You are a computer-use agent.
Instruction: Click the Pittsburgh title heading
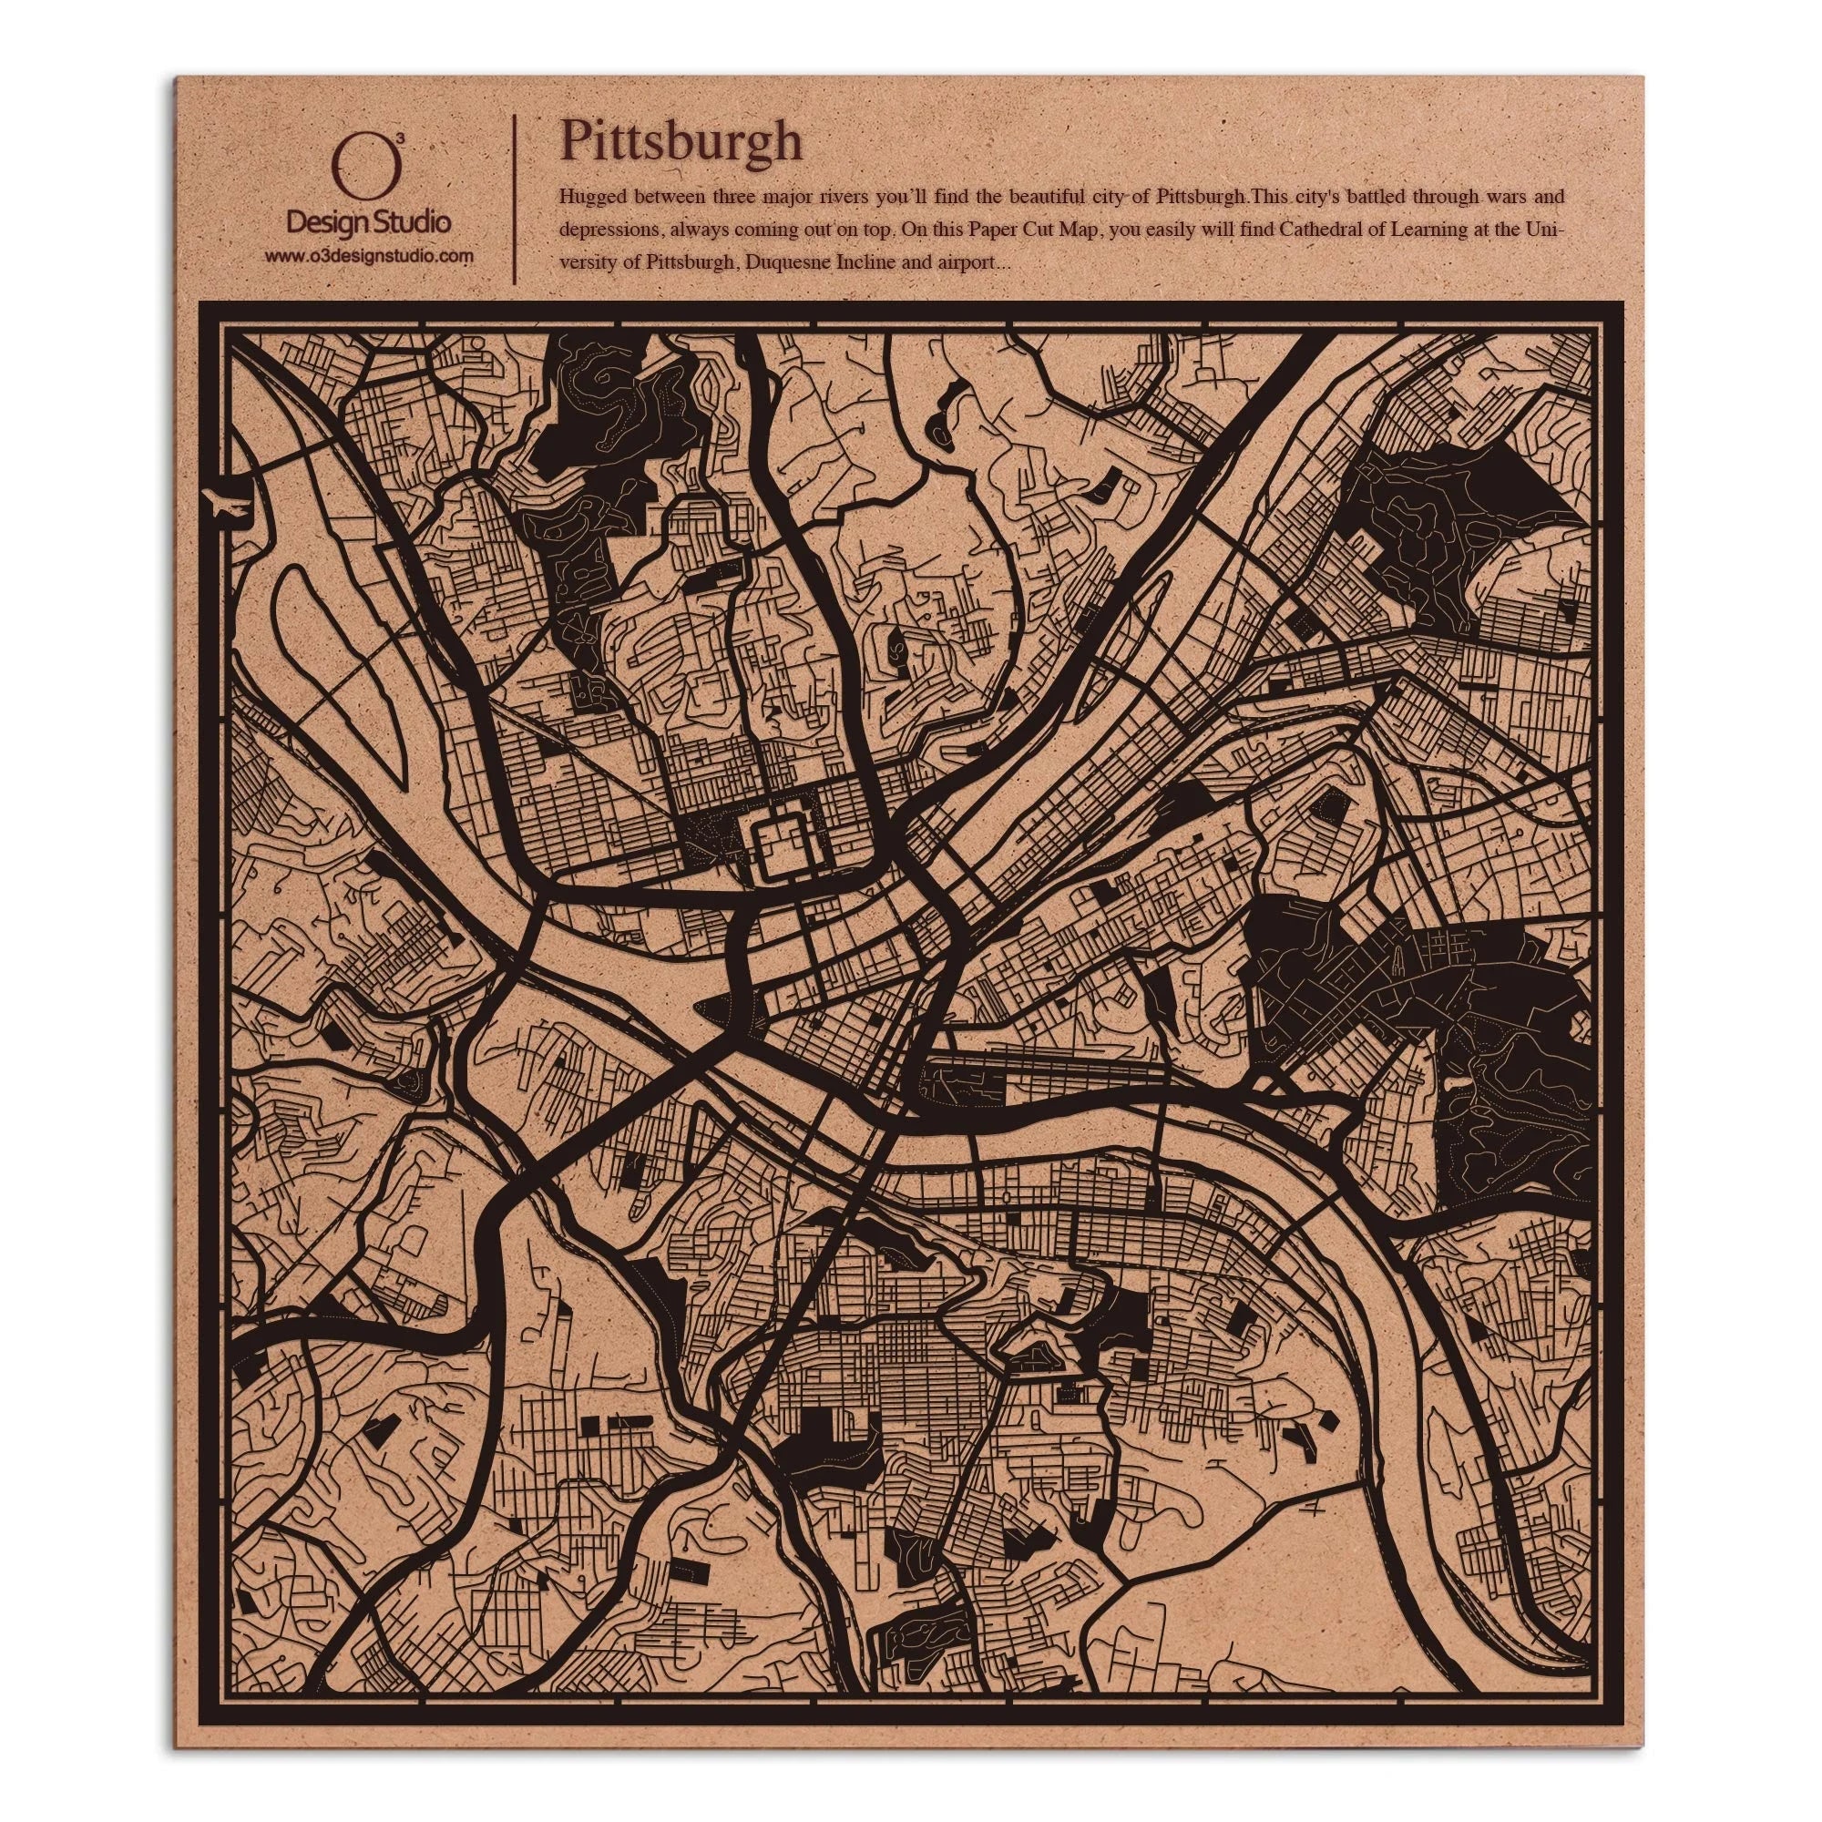681,141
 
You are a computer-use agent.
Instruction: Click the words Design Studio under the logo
367,222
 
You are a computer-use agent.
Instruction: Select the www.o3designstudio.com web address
368,256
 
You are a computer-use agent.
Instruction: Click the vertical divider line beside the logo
514,199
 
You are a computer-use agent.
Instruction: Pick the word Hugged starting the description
588,198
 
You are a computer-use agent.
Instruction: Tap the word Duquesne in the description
787,263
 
